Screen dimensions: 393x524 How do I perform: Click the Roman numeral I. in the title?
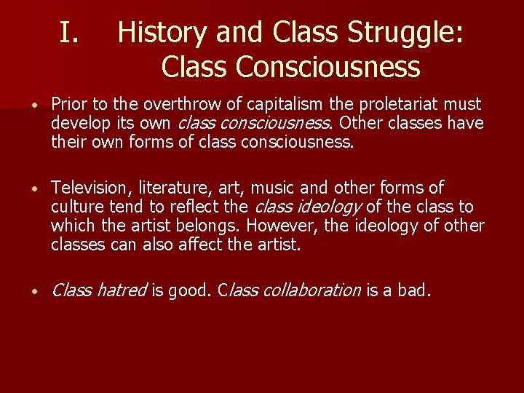click(x=74, y=33)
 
